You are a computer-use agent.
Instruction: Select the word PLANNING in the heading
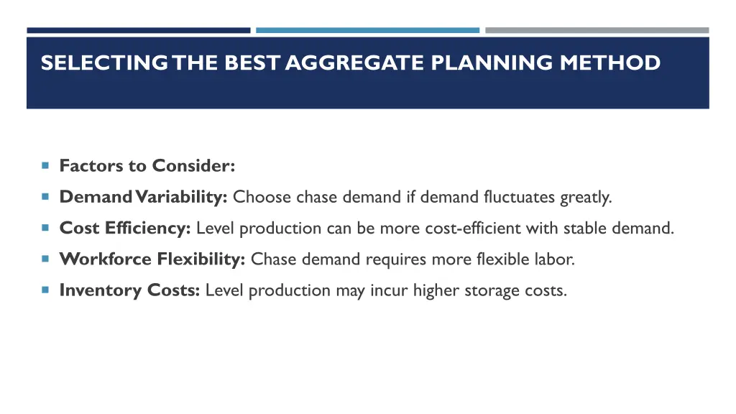coord(493,63)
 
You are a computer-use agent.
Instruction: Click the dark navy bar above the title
coord(139,30)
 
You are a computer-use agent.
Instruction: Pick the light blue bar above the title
coord(367,30)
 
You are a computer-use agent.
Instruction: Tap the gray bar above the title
coord(597,30)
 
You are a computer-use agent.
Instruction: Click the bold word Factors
coord(91,166)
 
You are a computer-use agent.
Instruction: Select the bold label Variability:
coord(183,197)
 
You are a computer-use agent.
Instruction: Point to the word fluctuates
coord(516,197)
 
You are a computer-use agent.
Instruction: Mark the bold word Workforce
coord(106,259)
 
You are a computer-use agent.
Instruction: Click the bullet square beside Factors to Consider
coord(45,165)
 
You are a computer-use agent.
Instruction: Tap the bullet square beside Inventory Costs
coord(45,290)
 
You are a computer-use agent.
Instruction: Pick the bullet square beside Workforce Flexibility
coord(45,259)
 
